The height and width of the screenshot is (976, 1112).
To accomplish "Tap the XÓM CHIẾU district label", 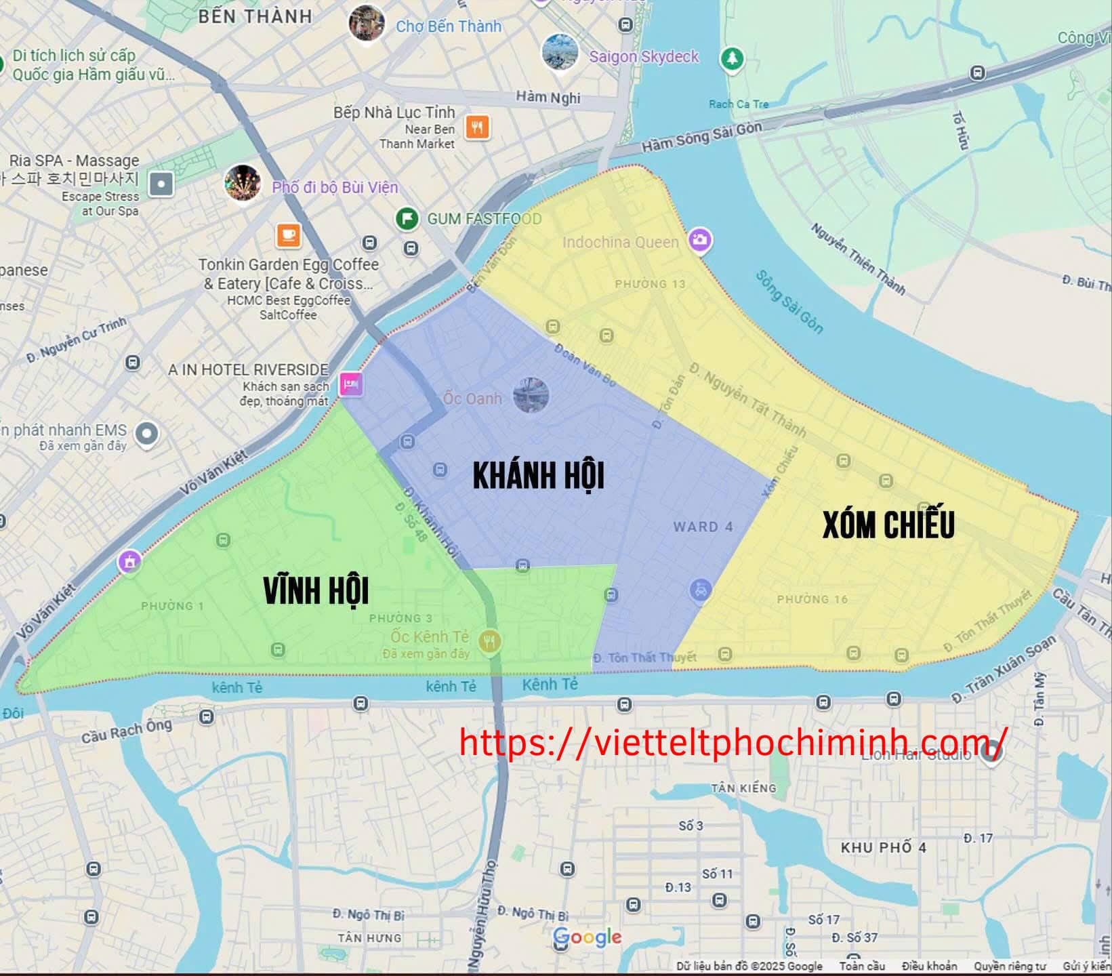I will [888, 525].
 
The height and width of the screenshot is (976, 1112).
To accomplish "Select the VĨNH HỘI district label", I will [316, 591].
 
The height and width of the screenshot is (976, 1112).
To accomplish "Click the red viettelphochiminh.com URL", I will [733, 741].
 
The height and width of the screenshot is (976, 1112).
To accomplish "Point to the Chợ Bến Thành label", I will [448, 26].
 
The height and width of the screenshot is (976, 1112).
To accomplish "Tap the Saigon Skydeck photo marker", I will [560, 52].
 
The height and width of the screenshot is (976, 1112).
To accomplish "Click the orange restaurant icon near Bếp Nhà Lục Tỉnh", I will [478, 127].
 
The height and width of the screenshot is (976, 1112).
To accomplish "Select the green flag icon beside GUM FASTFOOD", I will [407, 218].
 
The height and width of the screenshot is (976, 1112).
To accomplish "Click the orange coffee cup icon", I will [288, 235].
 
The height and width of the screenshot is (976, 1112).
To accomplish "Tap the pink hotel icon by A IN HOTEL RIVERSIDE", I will [350, 384].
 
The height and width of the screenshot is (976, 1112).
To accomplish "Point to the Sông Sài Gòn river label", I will [789, 302].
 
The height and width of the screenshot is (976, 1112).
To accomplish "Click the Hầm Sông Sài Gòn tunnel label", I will [701, 137].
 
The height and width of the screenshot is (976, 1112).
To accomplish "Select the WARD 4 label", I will [703, 527].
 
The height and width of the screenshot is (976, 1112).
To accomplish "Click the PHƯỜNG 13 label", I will [650, 284].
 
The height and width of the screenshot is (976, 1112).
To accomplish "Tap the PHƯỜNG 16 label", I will [812, 599].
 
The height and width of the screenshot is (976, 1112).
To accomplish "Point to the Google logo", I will [587, 937].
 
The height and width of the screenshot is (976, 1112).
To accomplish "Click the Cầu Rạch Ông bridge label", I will [127, 731].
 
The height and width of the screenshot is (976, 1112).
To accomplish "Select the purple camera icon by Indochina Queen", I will [700, 239].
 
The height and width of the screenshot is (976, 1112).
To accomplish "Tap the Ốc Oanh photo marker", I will [531, 395].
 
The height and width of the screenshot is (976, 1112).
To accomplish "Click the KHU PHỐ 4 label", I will [883, 847].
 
